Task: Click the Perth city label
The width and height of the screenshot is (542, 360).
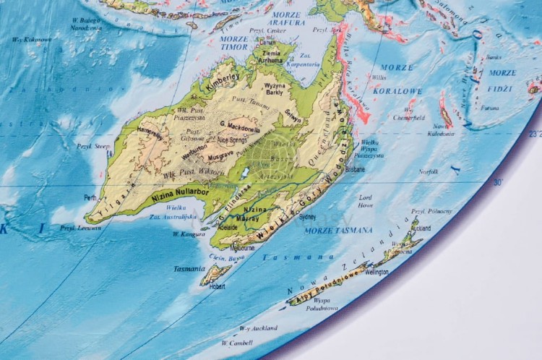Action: point(90,197)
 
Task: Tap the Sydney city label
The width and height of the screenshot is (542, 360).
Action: point(307,216)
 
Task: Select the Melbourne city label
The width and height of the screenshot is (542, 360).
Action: point(242,247)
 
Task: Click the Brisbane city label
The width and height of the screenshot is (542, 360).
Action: point(355,169)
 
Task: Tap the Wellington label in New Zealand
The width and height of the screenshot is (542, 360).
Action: point(376,273)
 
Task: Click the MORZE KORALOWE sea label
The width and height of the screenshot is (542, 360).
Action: point(397,80)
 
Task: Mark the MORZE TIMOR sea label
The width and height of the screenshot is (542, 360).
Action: point(233,43)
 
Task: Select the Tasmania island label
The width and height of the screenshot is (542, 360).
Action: point(190,268)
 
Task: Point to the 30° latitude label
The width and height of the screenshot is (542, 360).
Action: point(498,183)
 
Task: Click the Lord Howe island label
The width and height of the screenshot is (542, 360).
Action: point(366,200)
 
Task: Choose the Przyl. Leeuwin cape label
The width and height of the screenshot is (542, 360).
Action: point(79,228)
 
